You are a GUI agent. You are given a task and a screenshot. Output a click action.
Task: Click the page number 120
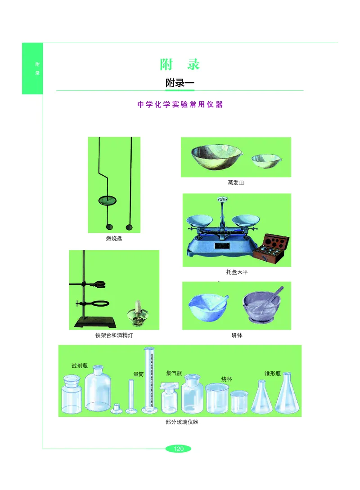coord(179,449)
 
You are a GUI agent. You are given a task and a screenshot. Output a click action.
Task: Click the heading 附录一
coord(180,83)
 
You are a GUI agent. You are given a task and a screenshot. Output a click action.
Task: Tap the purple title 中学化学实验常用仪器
coord(180,105)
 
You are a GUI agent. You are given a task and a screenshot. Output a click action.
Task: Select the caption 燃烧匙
coord(114,239)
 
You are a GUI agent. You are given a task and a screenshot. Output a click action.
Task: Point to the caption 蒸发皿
coord(236,183)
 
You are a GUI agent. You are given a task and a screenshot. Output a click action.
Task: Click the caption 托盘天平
coord(237,272)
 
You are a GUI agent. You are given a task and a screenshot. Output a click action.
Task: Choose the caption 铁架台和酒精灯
coord(114,335)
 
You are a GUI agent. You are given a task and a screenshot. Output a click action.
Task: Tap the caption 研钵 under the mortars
coord(237,335)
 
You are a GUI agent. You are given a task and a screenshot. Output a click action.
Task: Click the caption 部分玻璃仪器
coord(182,422)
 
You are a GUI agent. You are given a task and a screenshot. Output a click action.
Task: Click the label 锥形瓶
coord(273,374)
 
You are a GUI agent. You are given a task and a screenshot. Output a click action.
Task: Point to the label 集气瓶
coord(174,373)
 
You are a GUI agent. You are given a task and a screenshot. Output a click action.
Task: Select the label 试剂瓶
coord(80,365)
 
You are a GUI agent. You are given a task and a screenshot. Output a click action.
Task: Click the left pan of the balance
coord(199,220)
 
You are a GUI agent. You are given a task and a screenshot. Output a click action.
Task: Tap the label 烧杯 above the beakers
coord(226,379)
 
